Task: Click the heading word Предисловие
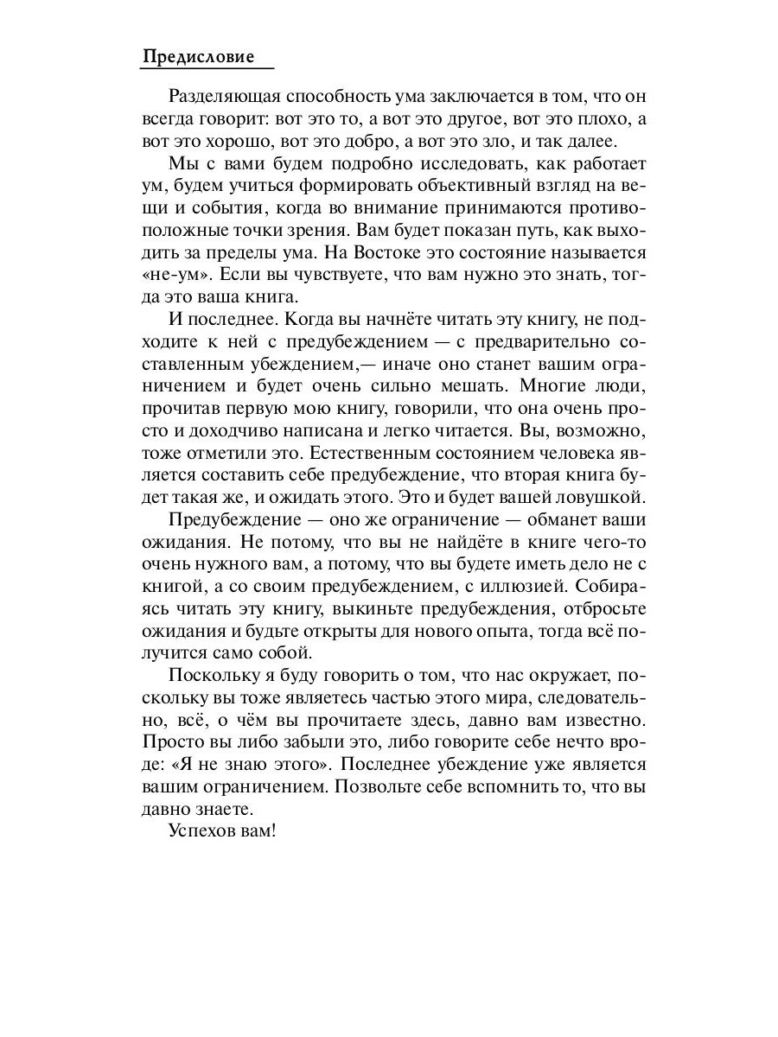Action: pyautogui.click(x=198, y=57)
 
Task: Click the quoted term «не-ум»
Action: pyautogui.click(x=171, y=276)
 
